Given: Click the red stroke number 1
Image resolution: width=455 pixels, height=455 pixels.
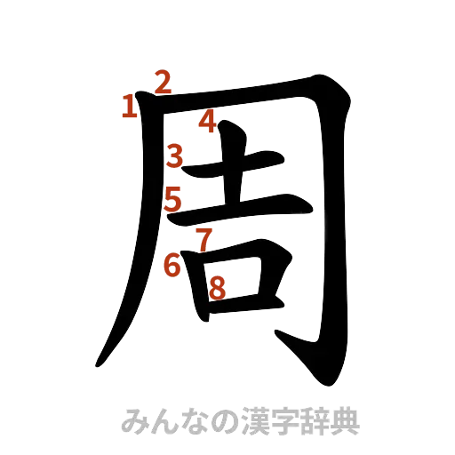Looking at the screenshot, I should pos(130,108).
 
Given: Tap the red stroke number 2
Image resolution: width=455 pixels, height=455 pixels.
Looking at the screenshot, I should pos(161,82).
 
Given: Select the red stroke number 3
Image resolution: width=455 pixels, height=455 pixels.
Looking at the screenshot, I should pos(175,156).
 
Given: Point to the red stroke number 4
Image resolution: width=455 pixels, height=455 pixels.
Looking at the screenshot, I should pos(207,122).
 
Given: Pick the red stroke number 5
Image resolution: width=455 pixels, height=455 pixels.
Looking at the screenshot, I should pos(174,199).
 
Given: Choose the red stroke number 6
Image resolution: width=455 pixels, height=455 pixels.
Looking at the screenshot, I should pos(173,263).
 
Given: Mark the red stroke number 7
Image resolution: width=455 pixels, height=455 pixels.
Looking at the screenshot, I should pos(204,239).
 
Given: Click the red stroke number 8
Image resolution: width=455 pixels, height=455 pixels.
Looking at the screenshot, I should pos(217,286).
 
